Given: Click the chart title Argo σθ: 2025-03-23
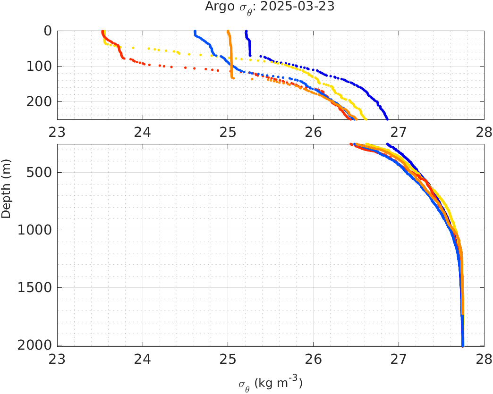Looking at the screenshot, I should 270,7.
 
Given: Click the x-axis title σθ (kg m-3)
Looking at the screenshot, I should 270,383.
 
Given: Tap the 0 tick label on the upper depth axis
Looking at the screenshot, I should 48,31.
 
